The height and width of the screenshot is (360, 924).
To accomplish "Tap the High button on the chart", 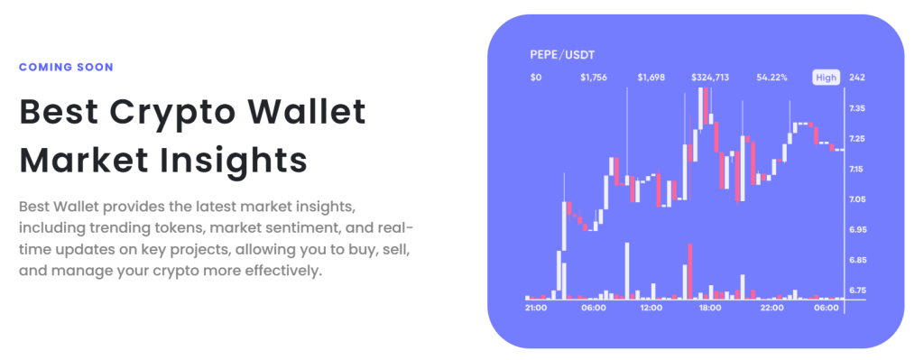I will [x=826, y=78].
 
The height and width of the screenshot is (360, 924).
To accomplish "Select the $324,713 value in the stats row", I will [x=710, y=78].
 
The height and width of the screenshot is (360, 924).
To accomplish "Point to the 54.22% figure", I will [x=772, y=78].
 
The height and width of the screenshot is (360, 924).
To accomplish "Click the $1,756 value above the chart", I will [x=593, y=78].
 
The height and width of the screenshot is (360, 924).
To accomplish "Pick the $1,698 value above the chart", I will [x=651, y=78].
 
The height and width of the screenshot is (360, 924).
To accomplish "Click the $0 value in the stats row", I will [x=536, y=78].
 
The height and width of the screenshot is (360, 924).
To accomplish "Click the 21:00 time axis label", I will [x=536, y=308].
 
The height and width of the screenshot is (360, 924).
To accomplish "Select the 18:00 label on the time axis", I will [x=710, y=308].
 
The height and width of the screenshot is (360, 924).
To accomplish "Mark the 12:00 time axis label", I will [x=651, y=308].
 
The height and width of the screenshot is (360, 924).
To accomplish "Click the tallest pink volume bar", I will [x=690, y=271].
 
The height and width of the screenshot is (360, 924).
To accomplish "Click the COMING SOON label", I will [x=66, y=67].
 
